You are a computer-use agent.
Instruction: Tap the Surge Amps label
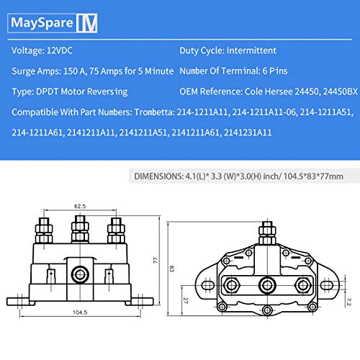(36, 72)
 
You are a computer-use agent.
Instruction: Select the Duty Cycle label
(201, 52)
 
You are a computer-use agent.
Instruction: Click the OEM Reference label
(212, 93)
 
